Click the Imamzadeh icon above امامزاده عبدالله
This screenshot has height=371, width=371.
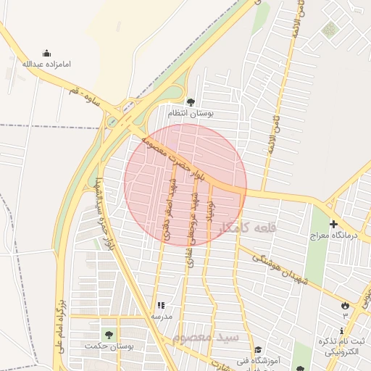click(x=47, y=53)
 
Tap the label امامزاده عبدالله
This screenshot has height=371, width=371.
click(x=47, y=64)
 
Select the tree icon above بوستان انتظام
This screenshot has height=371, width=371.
click(x=191, y=102)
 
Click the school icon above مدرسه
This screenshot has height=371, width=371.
click(x=161, y=306)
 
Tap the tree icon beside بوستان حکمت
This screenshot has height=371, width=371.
click(x=109, y=335)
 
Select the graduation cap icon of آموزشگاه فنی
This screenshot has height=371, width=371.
click(x=257, y=350)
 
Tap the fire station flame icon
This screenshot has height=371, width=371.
click(x=345, y=305)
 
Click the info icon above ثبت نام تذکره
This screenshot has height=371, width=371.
click(x=341, y=330)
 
